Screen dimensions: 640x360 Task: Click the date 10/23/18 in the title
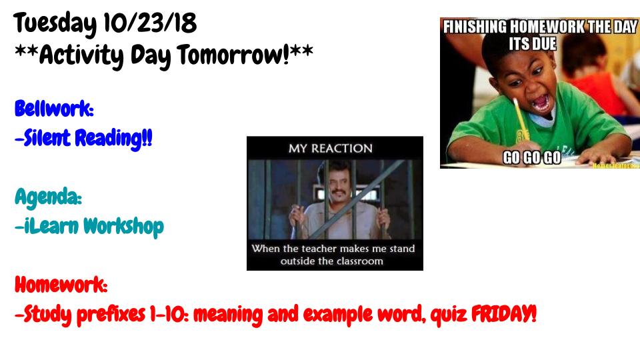click(150, 23)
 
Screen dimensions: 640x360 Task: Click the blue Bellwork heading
click(54, 109)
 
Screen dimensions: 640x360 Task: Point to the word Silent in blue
click(47, 138)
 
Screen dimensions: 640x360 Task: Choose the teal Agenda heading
click(48, 197)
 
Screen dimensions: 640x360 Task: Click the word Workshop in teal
click(124, 227)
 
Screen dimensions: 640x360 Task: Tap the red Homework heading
click(61, 285)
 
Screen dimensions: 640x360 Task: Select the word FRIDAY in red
click(504, 314)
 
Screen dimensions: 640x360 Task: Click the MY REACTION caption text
click(331, 148)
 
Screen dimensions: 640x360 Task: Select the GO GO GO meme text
click(532, 157)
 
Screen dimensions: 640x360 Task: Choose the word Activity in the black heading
click(81, 55)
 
